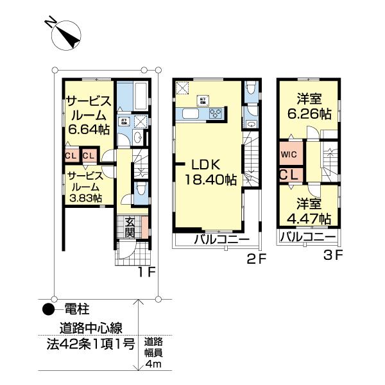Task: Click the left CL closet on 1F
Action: coord(71,155)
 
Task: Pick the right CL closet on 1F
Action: coord(89,155)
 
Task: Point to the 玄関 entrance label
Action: coord(130,227)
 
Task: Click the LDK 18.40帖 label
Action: coord(207,172)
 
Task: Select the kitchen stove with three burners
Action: coord(216,114)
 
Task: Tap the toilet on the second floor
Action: coord(252,89)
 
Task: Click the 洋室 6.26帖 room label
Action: coord(309,107)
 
